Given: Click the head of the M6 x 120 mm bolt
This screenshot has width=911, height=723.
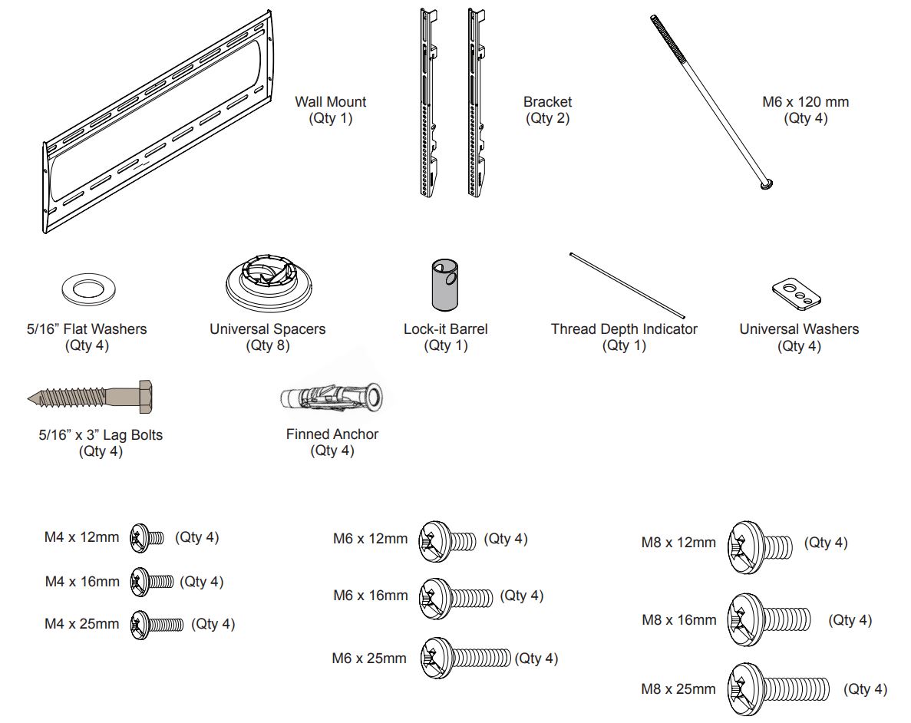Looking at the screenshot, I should (x=765, y=183).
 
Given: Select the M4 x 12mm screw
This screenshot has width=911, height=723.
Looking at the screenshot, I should (x=147, y=537).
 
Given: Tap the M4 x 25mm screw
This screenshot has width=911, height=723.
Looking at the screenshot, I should (x=157, y=623).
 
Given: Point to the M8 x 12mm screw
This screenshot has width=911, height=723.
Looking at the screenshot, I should (x=759, y=544).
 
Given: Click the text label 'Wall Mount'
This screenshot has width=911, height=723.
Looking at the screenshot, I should (x=331, y=102).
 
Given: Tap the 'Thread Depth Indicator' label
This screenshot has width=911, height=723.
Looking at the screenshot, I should (x=624, y=329).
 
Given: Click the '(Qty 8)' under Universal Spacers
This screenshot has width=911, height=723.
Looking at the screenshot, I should (x=269, y=345).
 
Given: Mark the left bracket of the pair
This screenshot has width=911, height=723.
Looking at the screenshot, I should (x=425, y=104).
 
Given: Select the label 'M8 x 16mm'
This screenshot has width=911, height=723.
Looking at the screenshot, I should (x=678, y=619).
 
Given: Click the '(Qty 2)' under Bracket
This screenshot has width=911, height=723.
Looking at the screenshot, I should (x=547, y=118).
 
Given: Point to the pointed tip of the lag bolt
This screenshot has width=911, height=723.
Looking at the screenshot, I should (x=31, y=398).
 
